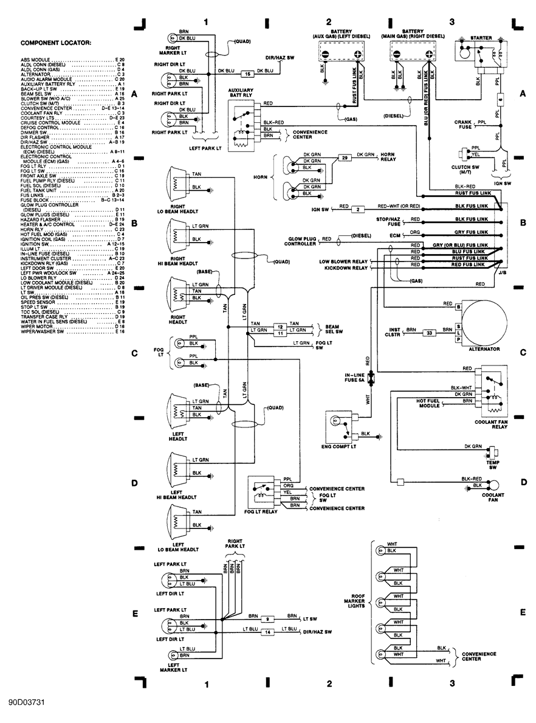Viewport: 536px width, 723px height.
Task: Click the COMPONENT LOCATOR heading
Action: coord(56,43)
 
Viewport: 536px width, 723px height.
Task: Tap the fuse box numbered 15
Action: coord(247,74)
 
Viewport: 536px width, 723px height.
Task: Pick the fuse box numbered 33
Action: coord(429,333)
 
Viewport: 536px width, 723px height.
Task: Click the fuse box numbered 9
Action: coord(268,618)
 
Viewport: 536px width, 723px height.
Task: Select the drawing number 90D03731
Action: coord(27,702)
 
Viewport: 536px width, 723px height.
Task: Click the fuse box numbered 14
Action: coord(268,632)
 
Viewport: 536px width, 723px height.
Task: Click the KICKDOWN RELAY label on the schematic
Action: coord(346,268)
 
